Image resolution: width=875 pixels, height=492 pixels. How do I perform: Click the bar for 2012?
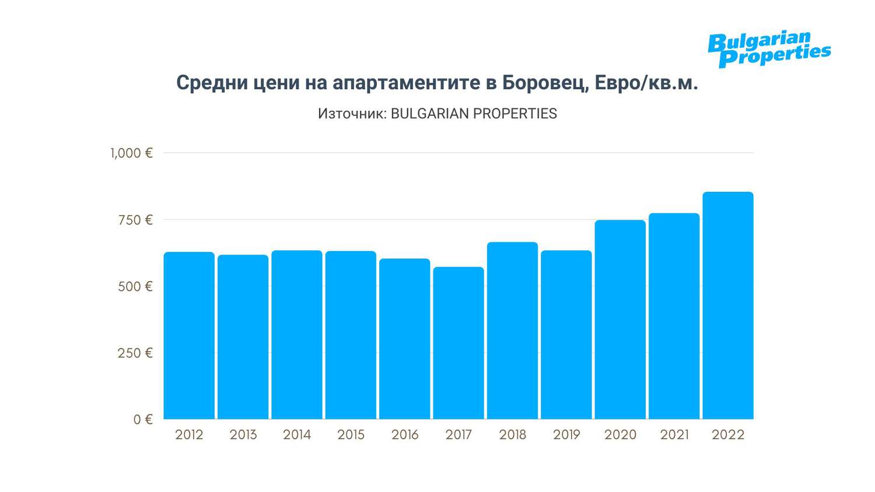coord(189,335)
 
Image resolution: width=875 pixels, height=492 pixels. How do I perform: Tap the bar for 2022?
coord(728,305)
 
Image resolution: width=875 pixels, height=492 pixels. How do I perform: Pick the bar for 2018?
coord(512,331)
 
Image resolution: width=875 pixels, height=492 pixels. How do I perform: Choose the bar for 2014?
coord(297,335)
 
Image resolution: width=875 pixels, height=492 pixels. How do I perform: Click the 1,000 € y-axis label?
coord(131,153)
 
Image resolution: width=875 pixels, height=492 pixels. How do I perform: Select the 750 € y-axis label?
coord(135,220)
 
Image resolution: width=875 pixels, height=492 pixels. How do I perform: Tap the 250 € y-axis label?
coord(135,353)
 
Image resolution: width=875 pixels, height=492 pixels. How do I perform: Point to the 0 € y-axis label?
coord(142,420)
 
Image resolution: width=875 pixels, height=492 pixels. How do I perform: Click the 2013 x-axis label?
coord(243,435)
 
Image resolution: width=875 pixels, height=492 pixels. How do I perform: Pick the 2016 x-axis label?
coord(405,435)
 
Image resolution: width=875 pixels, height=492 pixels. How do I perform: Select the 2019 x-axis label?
coord(566,435)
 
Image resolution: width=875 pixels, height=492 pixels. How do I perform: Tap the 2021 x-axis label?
coord(674,435)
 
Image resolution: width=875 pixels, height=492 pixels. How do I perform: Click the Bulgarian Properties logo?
coord(769,49)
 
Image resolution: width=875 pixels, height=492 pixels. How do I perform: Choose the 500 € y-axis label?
coord(135,287)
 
